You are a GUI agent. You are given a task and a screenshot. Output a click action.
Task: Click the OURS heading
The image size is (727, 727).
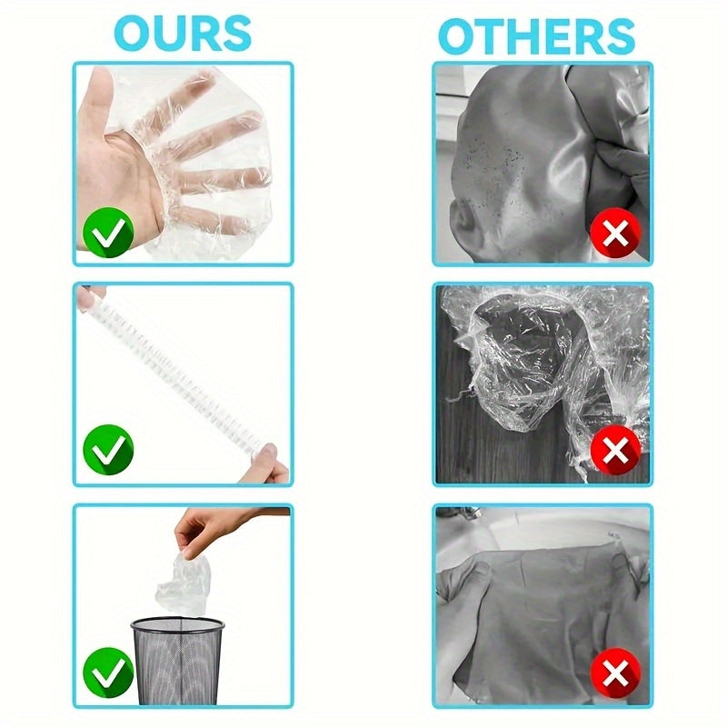tap(183, 34)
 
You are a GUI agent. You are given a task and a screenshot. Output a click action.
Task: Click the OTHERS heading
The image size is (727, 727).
tap(536, 36)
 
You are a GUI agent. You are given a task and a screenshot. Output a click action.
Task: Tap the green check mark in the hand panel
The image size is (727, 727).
tap(108, 233)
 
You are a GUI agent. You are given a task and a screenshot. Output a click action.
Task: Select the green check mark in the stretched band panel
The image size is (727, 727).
tap(108, 449)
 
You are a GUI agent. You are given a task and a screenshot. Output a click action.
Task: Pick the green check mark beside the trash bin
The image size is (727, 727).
tap(108, 672)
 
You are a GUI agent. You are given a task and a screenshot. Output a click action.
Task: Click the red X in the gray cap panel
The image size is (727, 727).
tap(616, 234)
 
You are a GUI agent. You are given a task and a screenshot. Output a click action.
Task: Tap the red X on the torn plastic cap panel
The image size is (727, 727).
tap(616, 450)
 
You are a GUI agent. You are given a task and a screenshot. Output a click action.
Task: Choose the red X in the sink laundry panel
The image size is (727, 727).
tap(616, 672)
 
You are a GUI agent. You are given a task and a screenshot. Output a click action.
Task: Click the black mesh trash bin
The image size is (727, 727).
tap(177, 661)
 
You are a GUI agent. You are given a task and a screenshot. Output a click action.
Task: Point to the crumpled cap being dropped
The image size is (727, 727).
tap(184, 583)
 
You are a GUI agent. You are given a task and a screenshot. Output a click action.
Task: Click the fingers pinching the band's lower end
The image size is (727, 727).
tap(269, 464)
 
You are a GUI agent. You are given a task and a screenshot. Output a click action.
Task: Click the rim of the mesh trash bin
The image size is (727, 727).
tap(177, 624)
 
